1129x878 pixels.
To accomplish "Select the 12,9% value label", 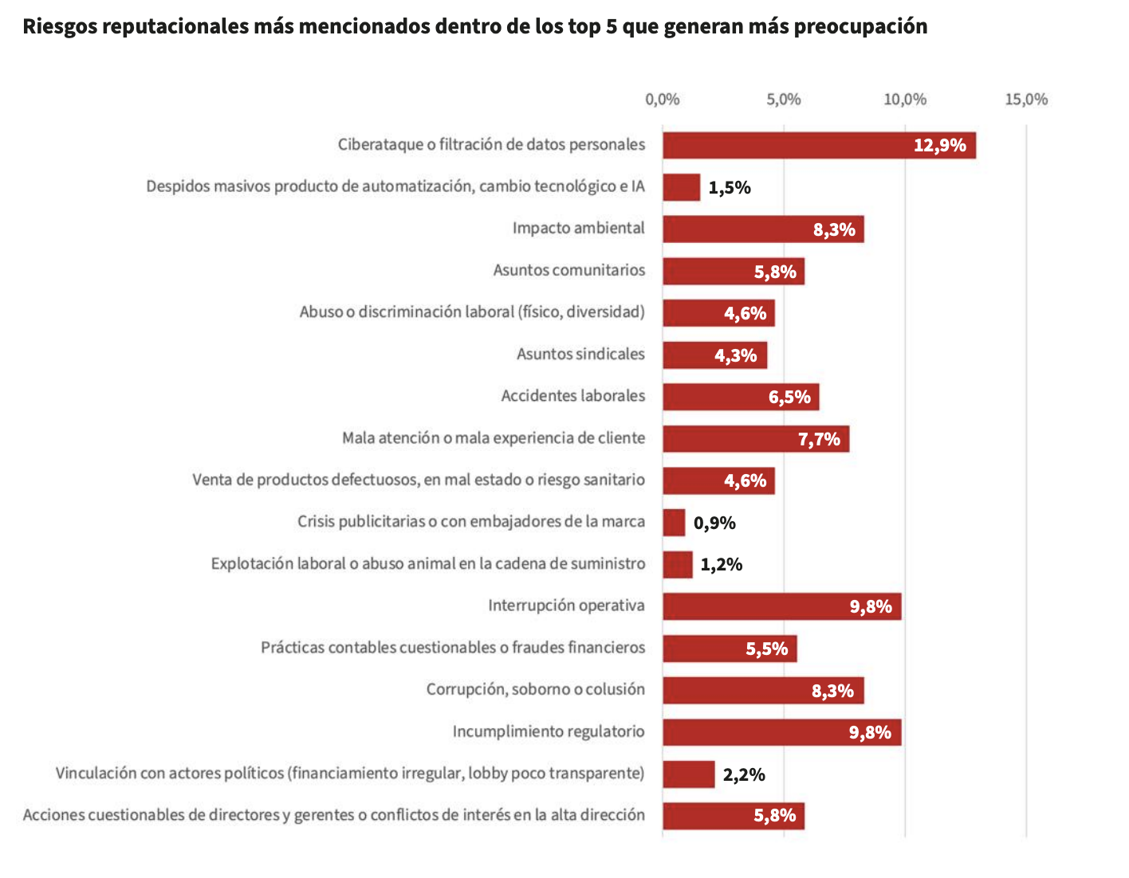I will coord(939,145).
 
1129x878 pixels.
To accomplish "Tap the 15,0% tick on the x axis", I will coord(1026,100).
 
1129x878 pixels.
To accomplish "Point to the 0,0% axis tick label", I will coord(663,100).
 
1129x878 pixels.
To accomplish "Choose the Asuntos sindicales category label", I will coord(580,354).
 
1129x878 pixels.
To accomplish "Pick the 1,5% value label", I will coord(730,188).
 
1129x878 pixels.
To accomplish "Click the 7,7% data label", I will coord(819,439).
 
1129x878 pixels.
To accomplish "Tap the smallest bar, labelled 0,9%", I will coord(674,523).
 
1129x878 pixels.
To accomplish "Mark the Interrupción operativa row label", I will coord(566,606).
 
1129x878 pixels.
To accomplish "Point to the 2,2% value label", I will coord(744,774).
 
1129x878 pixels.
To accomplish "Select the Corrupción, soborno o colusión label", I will coord(535,689).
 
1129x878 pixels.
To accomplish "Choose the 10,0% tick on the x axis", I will coord(905,100).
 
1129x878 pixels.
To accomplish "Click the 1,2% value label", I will coord(722,565).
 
